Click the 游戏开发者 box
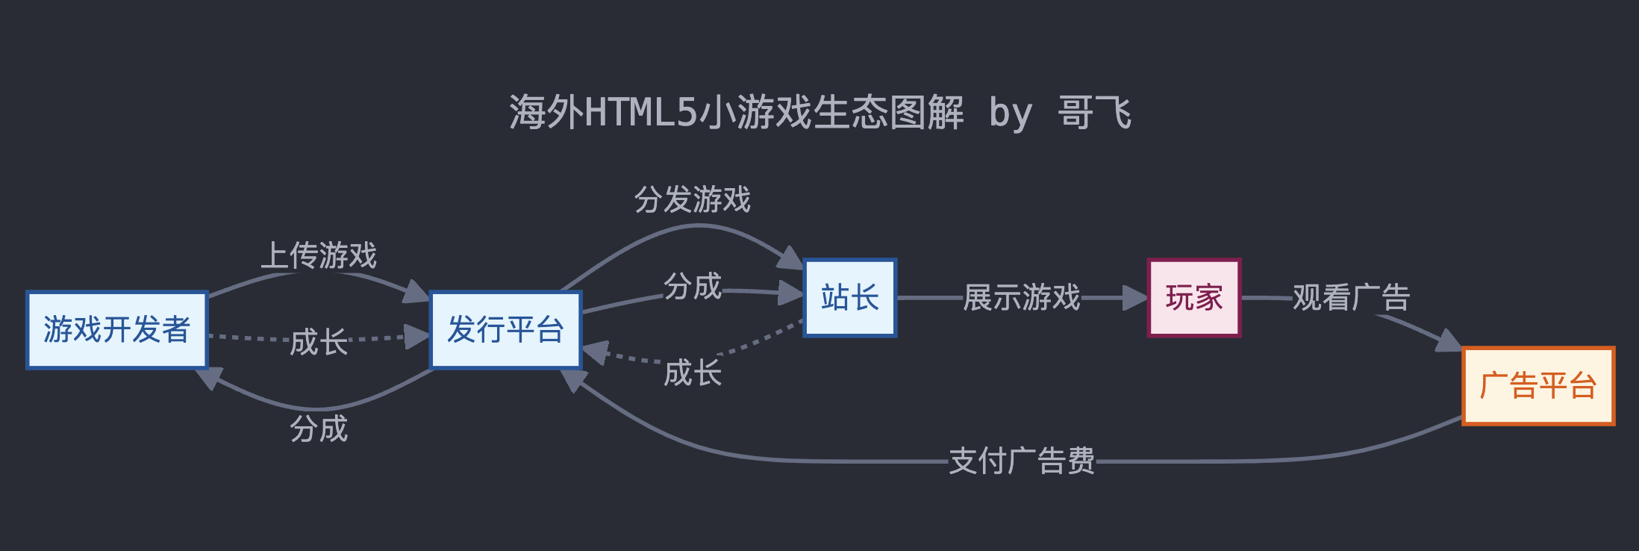point(116,330)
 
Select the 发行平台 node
point(505,330)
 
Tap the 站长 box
point(849,298)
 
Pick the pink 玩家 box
point(1193,298)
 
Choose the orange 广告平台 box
point(1537,386)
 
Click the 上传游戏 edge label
point(319,255)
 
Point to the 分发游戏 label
point(692,200)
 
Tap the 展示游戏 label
point(1021,298)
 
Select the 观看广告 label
point(1351,298)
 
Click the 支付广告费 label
point(1021,461)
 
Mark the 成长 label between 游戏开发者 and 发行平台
point(319,342)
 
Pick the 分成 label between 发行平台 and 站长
point(692,287)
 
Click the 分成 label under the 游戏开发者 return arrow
point(319,429)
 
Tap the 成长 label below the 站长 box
point(692,373)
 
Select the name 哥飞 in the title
point(1094,113)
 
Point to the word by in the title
point(1011,113)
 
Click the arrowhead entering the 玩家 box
point(1136,298)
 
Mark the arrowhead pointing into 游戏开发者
point(208,378)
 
